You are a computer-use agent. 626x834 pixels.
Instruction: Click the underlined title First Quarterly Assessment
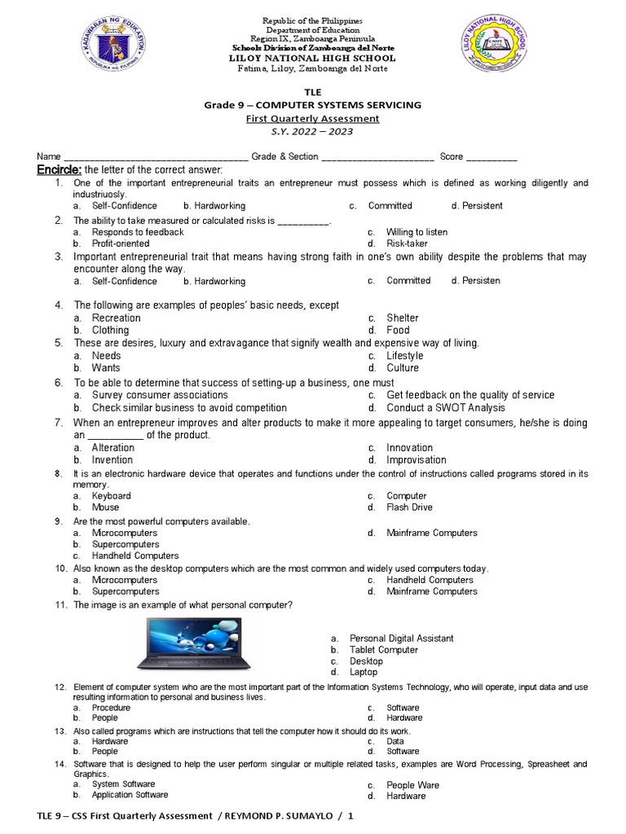tap(314, 118)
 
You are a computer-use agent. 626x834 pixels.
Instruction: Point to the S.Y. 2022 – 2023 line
tap(314, 131)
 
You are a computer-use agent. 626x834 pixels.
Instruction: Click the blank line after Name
tap(156, 157)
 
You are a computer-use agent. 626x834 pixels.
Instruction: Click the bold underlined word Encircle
tap(59, 169)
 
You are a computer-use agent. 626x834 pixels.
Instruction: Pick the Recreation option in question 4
tap(116, 318)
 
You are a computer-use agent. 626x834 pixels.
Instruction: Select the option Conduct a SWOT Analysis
tap(445, 407)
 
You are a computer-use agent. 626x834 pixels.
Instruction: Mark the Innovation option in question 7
tap(409, 447)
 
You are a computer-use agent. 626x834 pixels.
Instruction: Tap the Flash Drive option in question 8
tap(410, 507)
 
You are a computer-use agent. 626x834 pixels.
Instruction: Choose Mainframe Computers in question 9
tap(432, 533)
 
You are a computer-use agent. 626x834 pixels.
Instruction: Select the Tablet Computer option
tap(384, 650)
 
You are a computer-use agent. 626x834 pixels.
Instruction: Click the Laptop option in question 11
tap(364, 673)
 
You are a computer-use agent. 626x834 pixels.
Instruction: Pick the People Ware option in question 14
tap(412, 785)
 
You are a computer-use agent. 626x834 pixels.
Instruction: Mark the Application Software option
tap(130, 795)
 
